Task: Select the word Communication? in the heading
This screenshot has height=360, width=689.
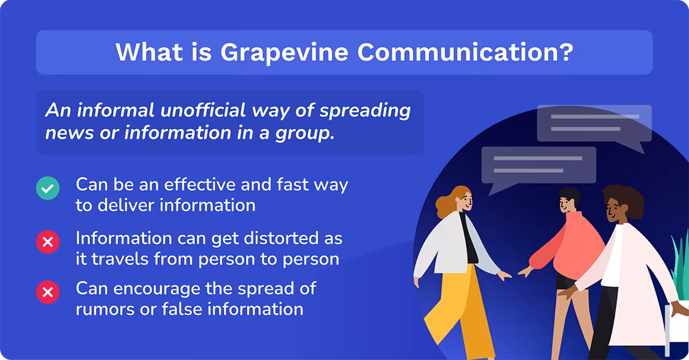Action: (x=465, y=52)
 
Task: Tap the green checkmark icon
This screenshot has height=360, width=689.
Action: (x=48, y=188)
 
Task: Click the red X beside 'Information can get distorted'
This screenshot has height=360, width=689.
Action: (x=48, y=242)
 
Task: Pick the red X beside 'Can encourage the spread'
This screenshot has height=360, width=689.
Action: (x=48, y=292)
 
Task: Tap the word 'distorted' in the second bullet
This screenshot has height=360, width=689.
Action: (x=274, y=238)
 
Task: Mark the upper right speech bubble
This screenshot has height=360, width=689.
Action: (x=594, y=123)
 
